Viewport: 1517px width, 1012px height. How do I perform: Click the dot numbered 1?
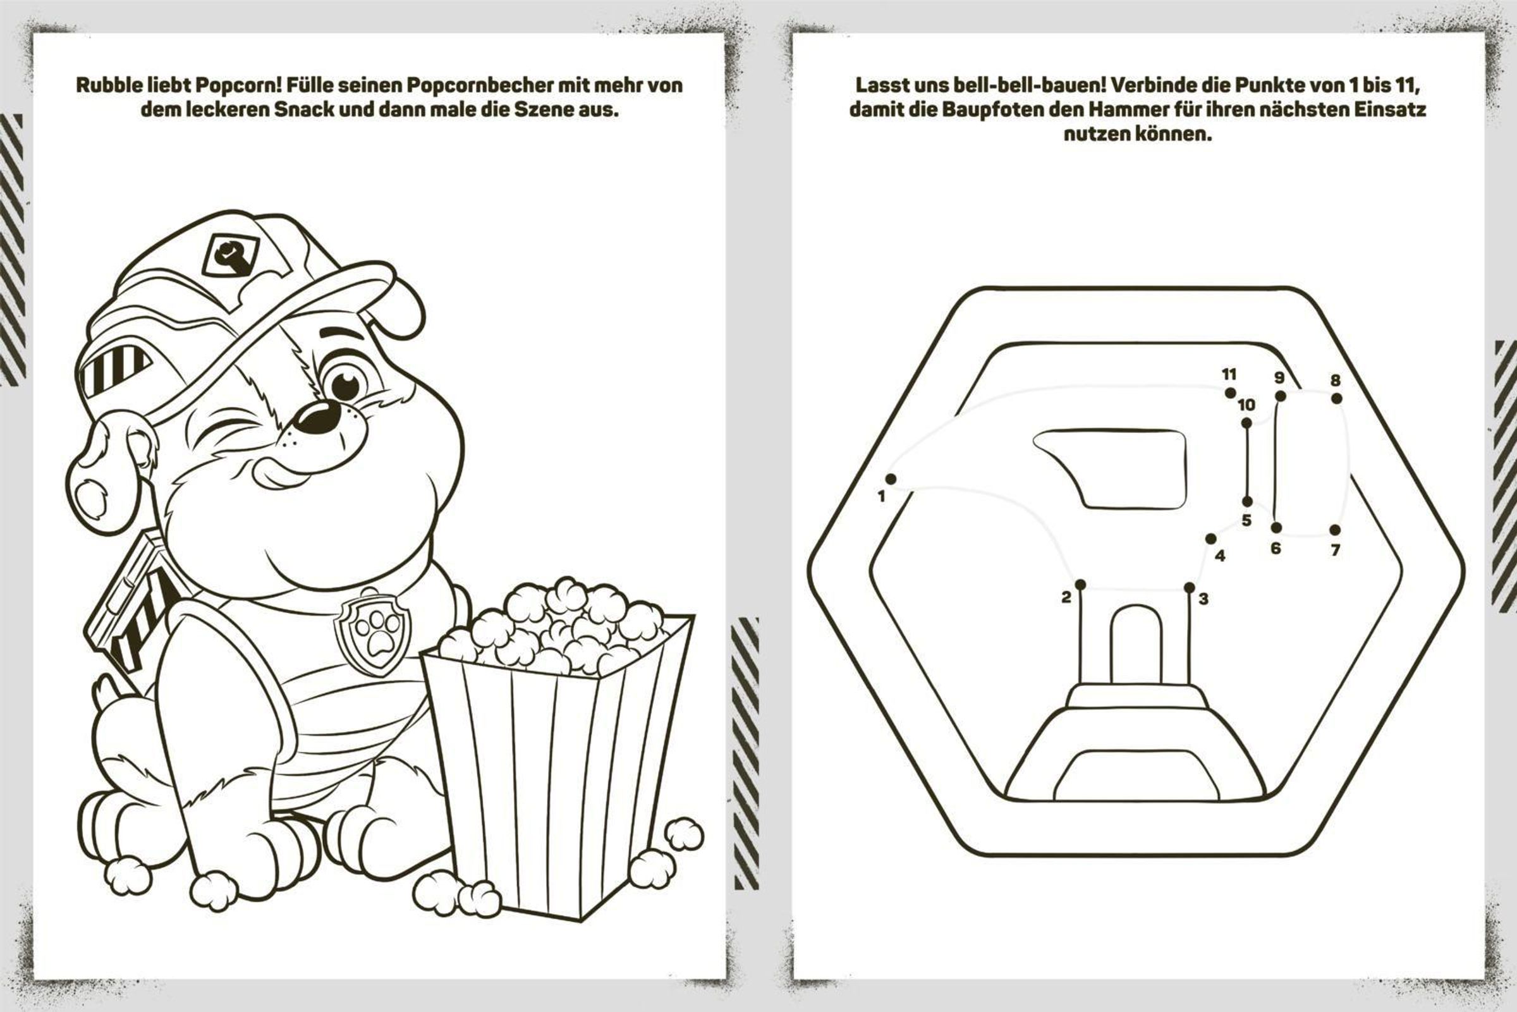[891, 479]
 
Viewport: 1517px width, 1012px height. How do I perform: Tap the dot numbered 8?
[1336, 399]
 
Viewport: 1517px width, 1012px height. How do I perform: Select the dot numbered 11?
[1231, 393]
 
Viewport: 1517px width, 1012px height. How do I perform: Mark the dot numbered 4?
[1211, 539]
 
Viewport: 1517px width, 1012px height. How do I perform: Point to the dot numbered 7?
[1335, 530]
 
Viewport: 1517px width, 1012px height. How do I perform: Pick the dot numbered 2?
[1081, 585]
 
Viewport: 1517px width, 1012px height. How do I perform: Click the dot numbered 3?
[1189, 587]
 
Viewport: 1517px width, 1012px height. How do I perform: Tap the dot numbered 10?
[1246, 424]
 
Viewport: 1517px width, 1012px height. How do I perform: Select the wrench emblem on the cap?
[230, 255]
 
